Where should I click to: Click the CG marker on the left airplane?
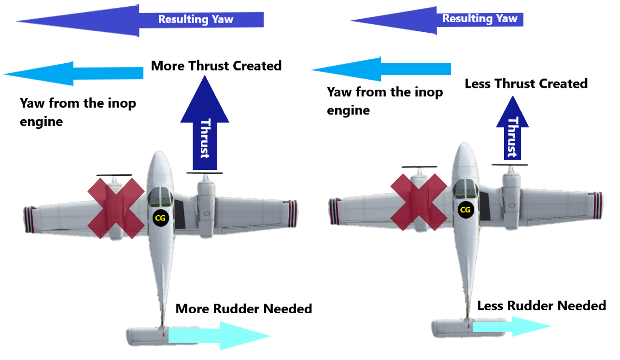click(159, 218)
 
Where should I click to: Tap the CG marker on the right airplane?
click(465, 209)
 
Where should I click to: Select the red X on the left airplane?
click(116, 208)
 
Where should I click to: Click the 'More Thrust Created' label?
click(216, 66)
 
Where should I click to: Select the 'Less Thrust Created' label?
click(526, 83)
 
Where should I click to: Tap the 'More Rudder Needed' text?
click(244, 308)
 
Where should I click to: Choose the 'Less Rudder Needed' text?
click(541, 305)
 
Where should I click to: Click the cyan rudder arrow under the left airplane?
click(217, 335)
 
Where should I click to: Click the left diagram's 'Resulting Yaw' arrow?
click(140, 20)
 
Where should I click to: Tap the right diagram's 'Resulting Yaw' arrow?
click(437, 20)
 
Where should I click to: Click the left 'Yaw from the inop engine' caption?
click(77, 112)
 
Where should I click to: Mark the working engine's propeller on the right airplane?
click(510, 166)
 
